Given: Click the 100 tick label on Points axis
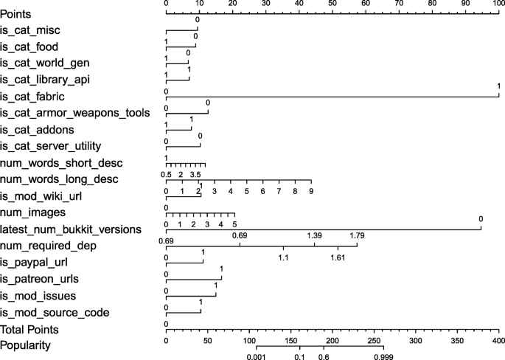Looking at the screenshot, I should [498, 4].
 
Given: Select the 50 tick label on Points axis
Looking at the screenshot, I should [332, 4].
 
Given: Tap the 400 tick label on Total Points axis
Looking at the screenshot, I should [499, 341].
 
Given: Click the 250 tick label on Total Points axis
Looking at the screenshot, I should [375, 341].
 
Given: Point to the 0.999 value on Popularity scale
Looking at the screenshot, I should [383, 357].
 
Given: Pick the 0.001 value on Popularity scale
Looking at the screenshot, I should [257, 357].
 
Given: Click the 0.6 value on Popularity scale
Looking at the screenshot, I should [323, 357].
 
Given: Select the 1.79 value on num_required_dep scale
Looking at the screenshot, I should [357, 235].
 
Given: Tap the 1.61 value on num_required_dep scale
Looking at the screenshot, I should [338, 257].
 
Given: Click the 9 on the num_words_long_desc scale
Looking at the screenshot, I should [311, 191].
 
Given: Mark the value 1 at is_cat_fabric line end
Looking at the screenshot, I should [499, 86].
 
